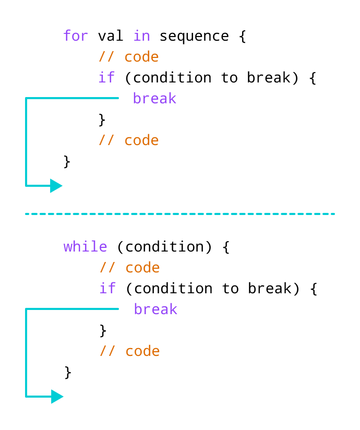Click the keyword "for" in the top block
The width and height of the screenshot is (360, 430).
pyautogui.click(x=76, y=36)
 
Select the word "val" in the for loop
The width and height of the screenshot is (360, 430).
pyautogui.click(x=111, y=36)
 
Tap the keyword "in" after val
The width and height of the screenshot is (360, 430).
pyautogui.click(x=141, y=36)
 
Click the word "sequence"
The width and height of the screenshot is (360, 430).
pyautogui.click(x=194, y=36)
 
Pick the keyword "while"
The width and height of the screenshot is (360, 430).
pyautogui.click(x=85, y=247)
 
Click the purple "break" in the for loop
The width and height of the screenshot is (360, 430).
pyautogui.click(x=154, y=98)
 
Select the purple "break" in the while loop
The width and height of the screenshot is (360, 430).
pyautogui.click(x=155, y=309)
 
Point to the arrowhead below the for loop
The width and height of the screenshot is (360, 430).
pyautogui.click(x=56, y=186)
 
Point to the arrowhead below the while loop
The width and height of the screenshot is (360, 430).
pyautogui.click(x=57, y=397)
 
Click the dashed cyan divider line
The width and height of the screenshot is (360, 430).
pyautogui.click(x=180, y=213)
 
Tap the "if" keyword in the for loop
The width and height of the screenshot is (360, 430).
pyautogui.click(x=107, y=78)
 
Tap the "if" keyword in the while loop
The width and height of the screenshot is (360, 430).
pyautogui.click(x=108, y=289)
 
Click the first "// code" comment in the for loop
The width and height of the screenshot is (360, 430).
pyautogui.click(x=128, y=57)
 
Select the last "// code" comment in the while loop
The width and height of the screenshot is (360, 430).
pyautogui.click(x=129, y=351)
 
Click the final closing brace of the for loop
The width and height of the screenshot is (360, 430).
pyautogui.click(x=67, y=161)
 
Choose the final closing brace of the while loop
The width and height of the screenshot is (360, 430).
pyautogui.click(x=68, y=372)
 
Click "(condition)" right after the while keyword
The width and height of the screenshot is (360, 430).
pyautogui.click(x=164, y=247)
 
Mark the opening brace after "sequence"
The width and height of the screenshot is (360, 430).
pyautogui.click(x=243, y=37)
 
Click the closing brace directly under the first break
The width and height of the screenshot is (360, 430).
pyautogui.click(x=102, y=120)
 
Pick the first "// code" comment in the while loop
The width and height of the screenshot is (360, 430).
pyautogui.click(x=129, y=268)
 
